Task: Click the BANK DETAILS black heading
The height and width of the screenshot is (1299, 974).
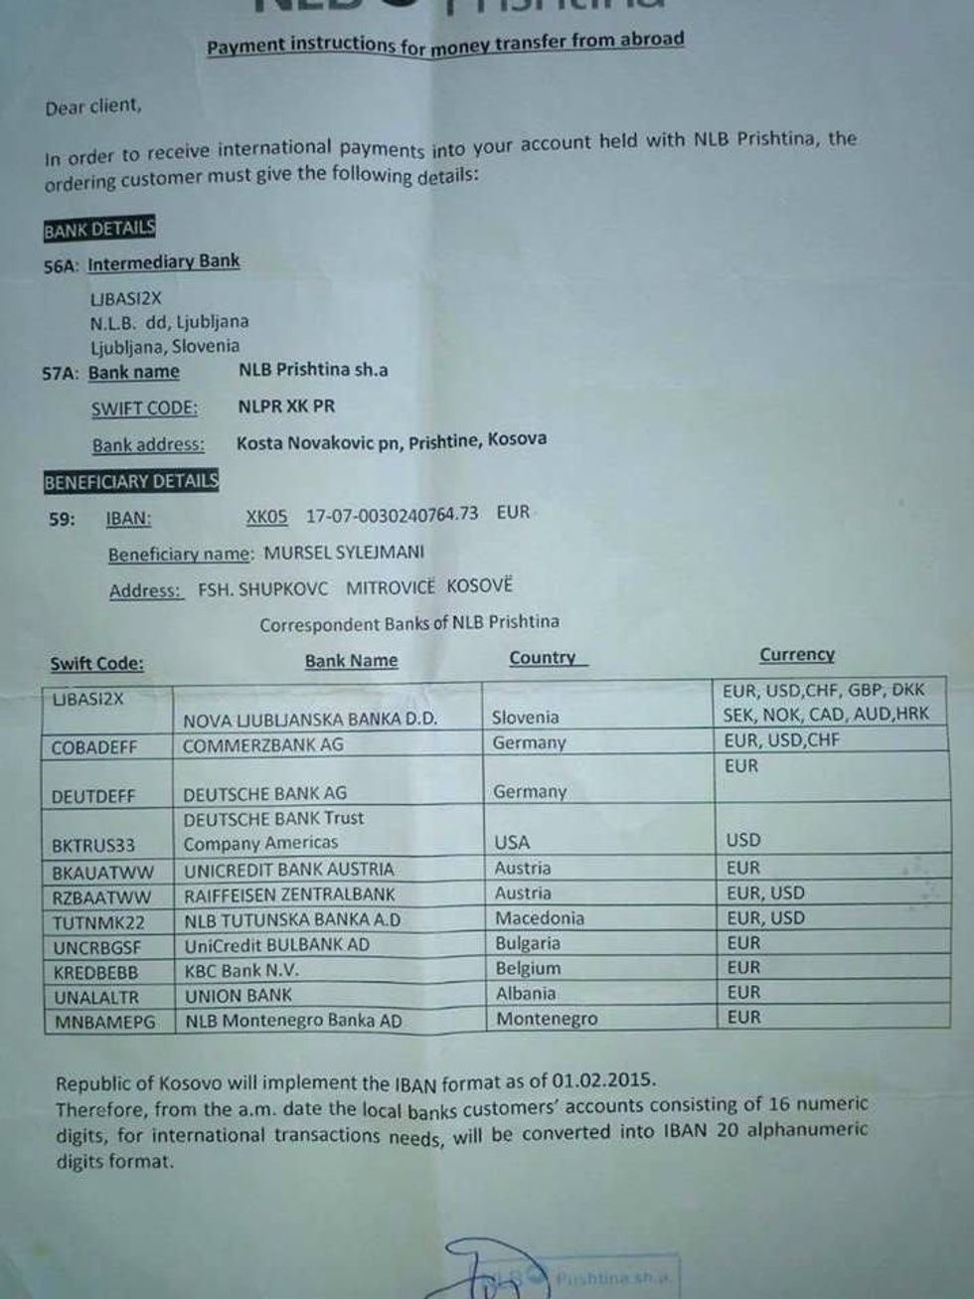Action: [99, 230]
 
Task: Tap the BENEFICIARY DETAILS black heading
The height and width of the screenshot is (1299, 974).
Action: [130, 482]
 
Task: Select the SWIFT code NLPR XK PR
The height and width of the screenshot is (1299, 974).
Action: [286, 406]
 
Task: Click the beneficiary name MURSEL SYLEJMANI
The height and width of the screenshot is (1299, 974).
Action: [344, 552]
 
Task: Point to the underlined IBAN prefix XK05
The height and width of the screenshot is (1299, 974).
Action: [266, 517]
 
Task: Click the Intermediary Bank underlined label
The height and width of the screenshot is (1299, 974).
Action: [163, 262]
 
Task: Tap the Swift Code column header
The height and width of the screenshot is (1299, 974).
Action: [96, 664]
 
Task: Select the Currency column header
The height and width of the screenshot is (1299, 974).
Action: [797, 654]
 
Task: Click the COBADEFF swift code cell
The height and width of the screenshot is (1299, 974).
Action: [94, 747]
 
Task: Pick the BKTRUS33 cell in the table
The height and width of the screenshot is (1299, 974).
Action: [93, 846]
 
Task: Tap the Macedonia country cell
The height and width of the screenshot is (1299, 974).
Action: [540, 918]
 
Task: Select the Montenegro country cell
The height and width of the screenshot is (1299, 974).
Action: [547, 1019]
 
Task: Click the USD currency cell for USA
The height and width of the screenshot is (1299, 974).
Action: [742, 840]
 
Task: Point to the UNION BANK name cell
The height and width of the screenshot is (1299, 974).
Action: [239, 996]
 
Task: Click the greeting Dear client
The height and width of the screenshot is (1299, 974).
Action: [93, 106]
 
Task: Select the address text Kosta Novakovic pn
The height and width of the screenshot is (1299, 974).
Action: [318, 442]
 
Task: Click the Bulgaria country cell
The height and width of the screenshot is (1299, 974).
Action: [528, 943]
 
